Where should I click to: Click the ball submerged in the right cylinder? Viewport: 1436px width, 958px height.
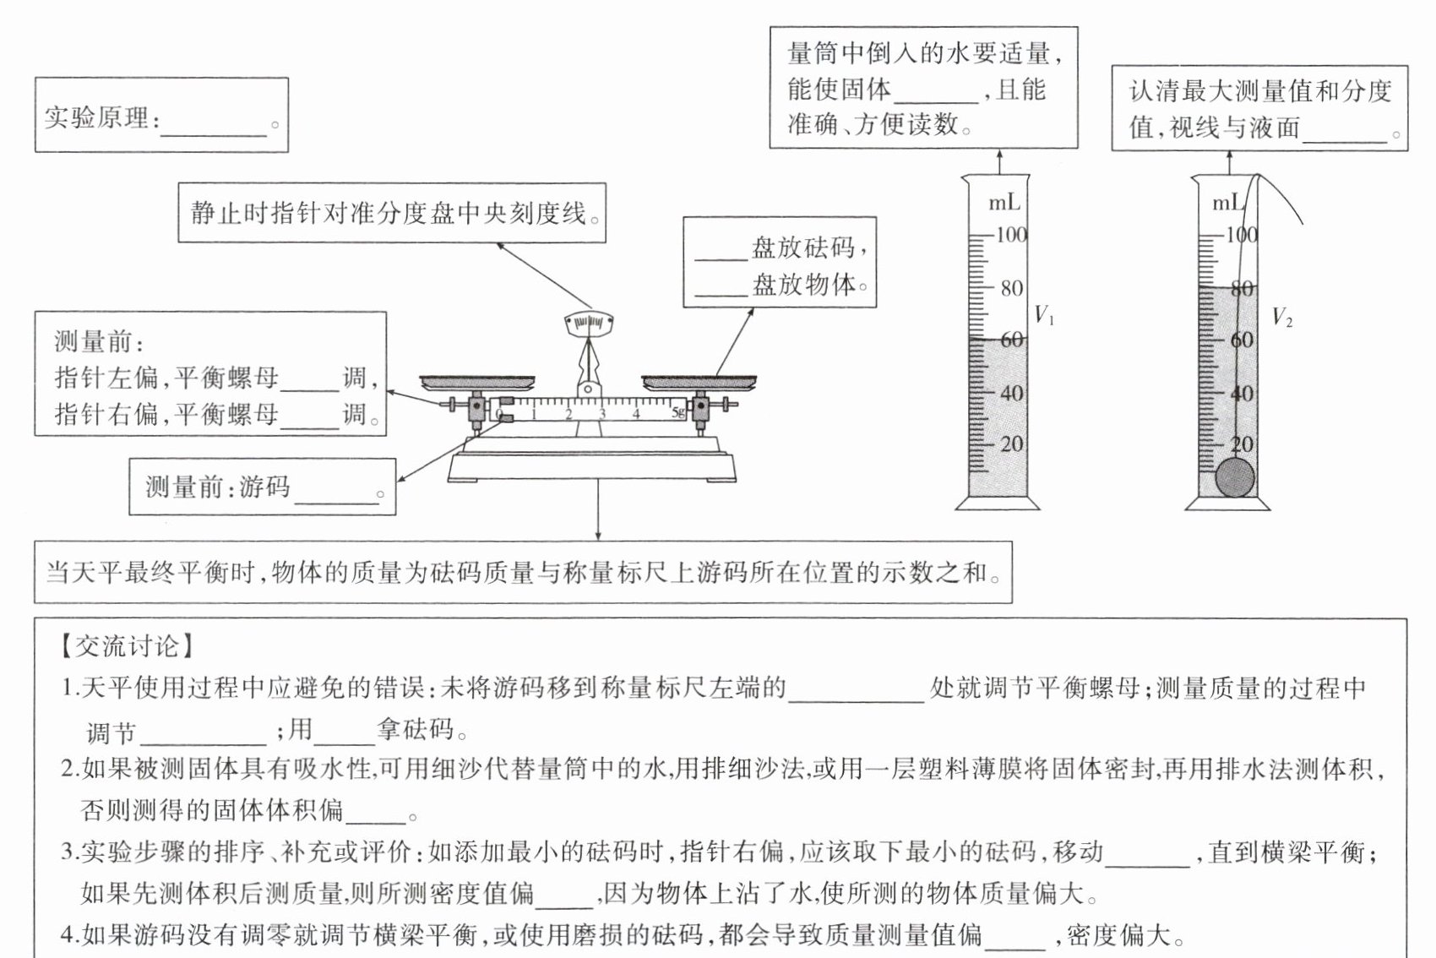coord(1235,477)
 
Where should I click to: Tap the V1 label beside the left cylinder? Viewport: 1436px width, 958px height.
coord(1044,315)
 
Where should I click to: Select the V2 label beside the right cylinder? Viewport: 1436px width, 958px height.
coord(1281,317)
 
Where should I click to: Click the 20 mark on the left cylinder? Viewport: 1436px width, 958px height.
coord(1012,444)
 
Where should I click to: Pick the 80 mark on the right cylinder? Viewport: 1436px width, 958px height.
coord(1242,289)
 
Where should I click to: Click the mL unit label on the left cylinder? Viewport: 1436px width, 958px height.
coord(1004,203)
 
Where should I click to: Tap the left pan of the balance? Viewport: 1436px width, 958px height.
coord(477,383)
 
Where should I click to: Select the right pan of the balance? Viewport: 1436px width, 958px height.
coord(699,383)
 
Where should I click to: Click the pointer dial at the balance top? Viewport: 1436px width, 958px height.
coord(589,324)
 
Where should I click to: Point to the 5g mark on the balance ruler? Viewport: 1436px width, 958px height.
coord(678,413)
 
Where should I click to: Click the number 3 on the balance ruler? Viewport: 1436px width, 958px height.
coord(602,414)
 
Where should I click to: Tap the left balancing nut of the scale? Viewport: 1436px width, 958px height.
coord(453,405)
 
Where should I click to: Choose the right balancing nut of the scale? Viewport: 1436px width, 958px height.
coord(725,405)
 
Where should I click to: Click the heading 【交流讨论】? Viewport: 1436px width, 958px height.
coord(127,646)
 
